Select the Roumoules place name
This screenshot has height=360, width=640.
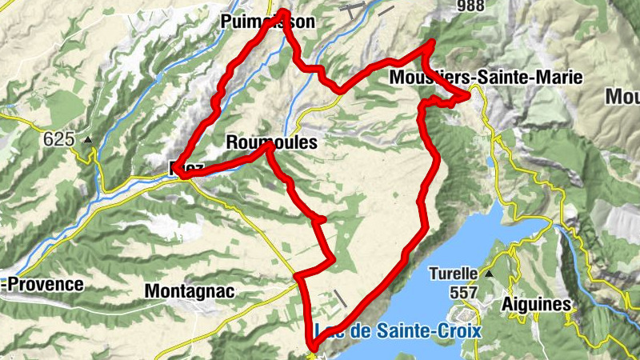click(272, 142)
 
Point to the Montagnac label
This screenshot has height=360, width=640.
click(190, 291)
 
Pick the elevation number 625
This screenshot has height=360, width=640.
click(59, 139)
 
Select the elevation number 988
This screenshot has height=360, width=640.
click(471, 6)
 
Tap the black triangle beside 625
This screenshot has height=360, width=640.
click(88, 139)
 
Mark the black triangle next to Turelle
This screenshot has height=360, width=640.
click(488, 273)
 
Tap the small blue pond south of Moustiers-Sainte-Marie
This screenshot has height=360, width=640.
click(490, 162)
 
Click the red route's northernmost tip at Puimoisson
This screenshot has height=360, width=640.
click(285, 10)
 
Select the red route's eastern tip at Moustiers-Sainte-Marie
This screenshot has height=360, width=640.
click(467, 96)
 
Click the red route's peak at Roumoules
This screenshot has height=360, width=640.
click(270, 146)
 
